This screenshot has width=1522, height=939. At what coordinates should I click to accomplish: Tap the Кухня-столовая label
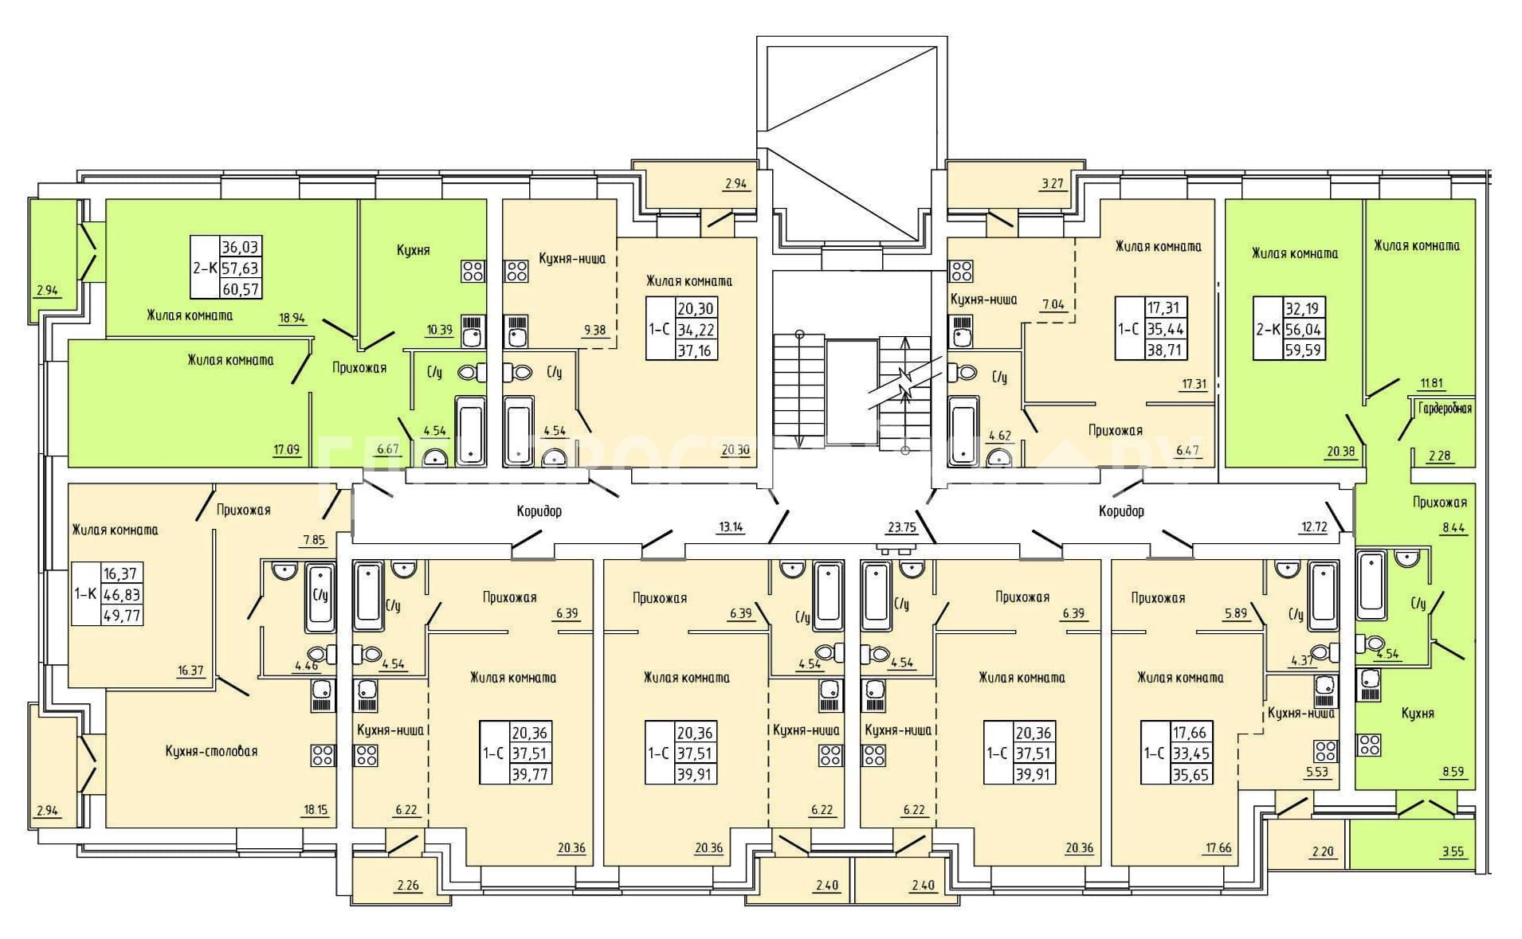[x=211, y=751]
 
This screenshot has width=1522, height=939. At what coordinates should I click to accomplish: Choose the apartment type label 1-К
[x=85, y=593]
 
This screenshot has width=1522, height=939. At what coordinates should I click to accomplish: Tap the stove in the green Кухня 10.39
[x=473, y=271]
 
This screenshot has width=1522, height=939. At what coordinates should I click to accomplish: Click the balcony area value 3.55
[x=1453, y=851]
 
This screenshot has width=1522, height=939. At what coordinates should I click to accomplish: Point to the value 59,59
[x=1305, y=350]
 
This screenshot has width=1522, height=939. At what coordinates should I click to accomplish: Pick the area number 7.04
[x=1053, y=304]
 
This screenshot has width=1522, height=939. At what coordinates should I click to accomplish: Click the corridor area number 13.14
[x=732, y=526]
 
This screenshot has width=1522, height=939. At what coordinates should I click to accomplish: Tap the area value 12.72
[x=1312, y=526]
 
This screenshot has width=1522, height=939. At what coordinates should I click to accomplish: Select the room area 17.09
[x=286, y=450]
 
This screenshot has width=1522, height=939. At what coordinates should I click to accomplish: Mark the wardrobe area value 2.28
[x=1439, y=456]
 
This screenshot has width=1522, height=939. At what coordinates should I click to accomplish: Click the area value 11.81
[x=1431, y=382]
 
